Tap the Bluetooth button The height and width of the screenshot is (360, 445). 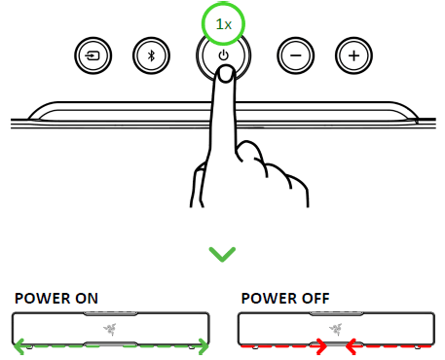click(151, 55)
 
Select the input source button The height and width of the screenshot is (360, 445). click(92, 55)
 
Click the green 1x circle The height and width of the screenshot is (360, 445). click(223, 21)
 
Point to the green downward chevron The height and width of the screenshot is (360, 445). click(223, 254)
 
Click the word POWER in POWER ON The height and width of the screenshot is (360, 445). click(40, 298)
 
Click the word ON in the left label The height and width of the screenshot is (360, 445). click(87, 298)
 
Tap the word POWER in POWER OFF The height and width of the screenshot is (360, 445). click(264, 298)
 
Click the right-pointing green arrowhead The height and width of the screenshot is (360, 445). click(203, 343)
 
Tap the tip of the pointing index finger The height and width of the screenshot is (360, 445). click(224, 78)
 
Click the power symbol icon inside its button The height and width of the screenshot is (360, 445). click(224, 54)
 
